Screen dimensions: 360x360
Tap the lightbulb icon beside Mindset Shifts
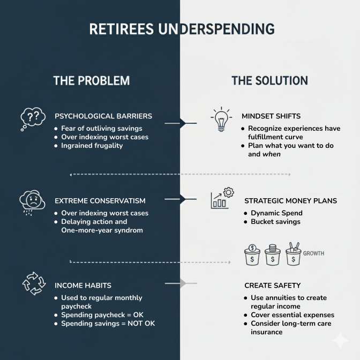point(221,120)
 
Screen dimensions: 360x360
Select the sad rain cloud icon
point(32,201)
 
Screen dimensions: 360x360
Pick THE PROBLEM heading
point(91,81)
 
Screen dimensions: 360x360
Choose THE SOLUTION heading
point(269,81)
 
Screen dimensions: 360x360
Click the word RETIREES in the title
point(122,29)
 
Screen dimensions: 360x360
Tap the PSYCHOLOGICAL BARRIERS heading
point(103,116)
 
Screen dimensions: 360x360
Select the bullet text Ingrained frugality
point(92,145)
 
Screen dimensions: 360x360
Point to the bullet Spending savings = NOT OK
point(108,323)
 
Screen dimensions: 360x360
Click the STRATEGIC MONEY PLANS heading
point(290,201)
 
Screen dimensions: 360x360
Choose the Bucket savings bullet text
point(276,221)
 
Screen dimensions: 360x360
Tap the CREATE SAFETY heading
point(272,286)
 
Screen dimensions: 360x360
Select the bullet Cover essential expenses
point(292,314)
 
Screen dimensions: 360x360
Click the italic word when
point(272,154)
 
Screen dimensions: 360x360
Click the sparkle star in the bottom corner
point(340,340)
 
